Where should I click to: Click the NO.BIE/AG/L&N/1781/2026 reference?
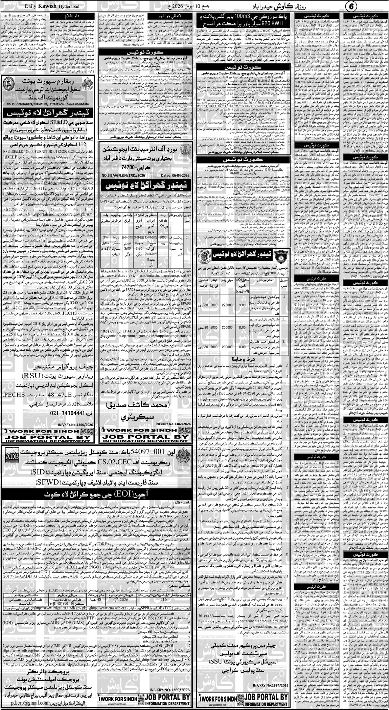coord(124,175)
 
